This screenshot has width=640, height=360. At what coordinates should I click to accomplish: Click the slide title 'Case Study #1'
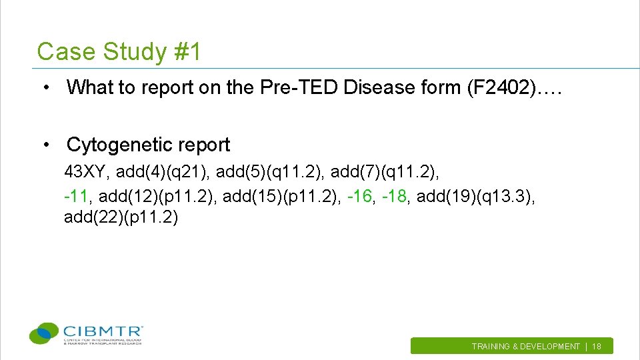pyautogui.click(x=119, y=51)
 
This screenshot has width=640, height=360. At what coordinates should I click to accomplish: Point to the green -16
pyautogui.click(x=361, y=197)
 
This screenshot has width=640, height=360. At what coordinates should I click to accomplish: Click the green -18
pyautogui.click(x=395, y=197)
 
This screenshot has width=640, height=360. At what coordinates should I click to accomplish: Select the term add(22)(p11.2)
pyautogui.click(x=121, y=218)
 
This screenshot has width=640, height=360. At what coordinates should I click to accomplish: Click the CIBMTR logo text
pyautogui.click(x=103, y=331)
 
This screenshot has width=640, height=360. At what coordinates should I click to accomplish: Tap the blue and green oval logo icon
pyautogui.click(x=45, y=333)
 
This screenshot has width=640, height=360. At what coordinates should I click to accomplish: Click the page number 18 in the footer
pyautogui.click(x=597, y=347)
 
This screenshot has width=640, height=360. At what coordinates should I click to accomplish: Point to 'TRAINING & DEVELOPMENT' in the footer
pyautogui.click(x=525, y=347)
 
